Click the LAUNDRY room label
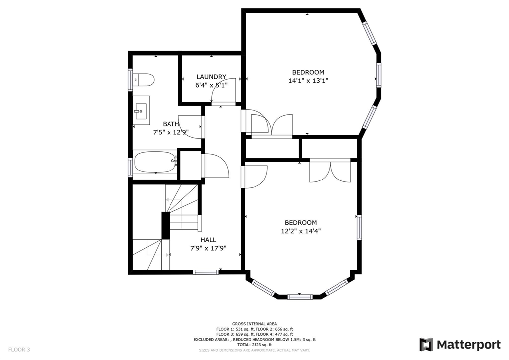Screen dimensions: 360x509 coord(211,77)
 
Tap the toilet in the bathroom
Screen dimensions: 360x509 coord(145,80)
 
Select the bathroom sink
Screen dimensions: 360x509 coord(141,110)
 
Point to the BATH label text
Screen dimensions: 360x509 coord(171,124)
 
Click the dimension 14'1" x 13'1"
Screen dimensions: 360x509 coord(308,80)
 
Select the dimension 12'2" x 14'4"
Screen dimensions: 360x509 coord(300,231)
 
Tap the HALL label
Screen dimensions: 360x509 coord(208,240)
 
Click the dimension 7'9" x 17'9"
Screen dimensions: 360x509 coord(208,248)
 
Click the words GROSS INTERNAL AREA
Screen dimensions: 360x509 coord(254,324)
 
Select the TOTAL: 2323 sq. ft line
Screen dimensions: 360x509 coord(254,345)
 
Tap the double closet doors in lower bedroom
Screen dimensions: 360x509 coord(330,171)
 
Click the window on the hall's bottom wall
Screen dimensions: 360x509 coord(206,272)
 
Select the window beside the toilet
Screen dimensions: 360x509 coord(131,80)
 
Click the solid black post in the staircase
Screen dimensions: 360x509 coord(165,225)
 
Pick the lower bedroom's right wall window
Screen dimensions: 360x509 coord(359,227)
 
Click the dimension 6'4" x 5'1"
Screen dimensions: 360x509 coord(211,85)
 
